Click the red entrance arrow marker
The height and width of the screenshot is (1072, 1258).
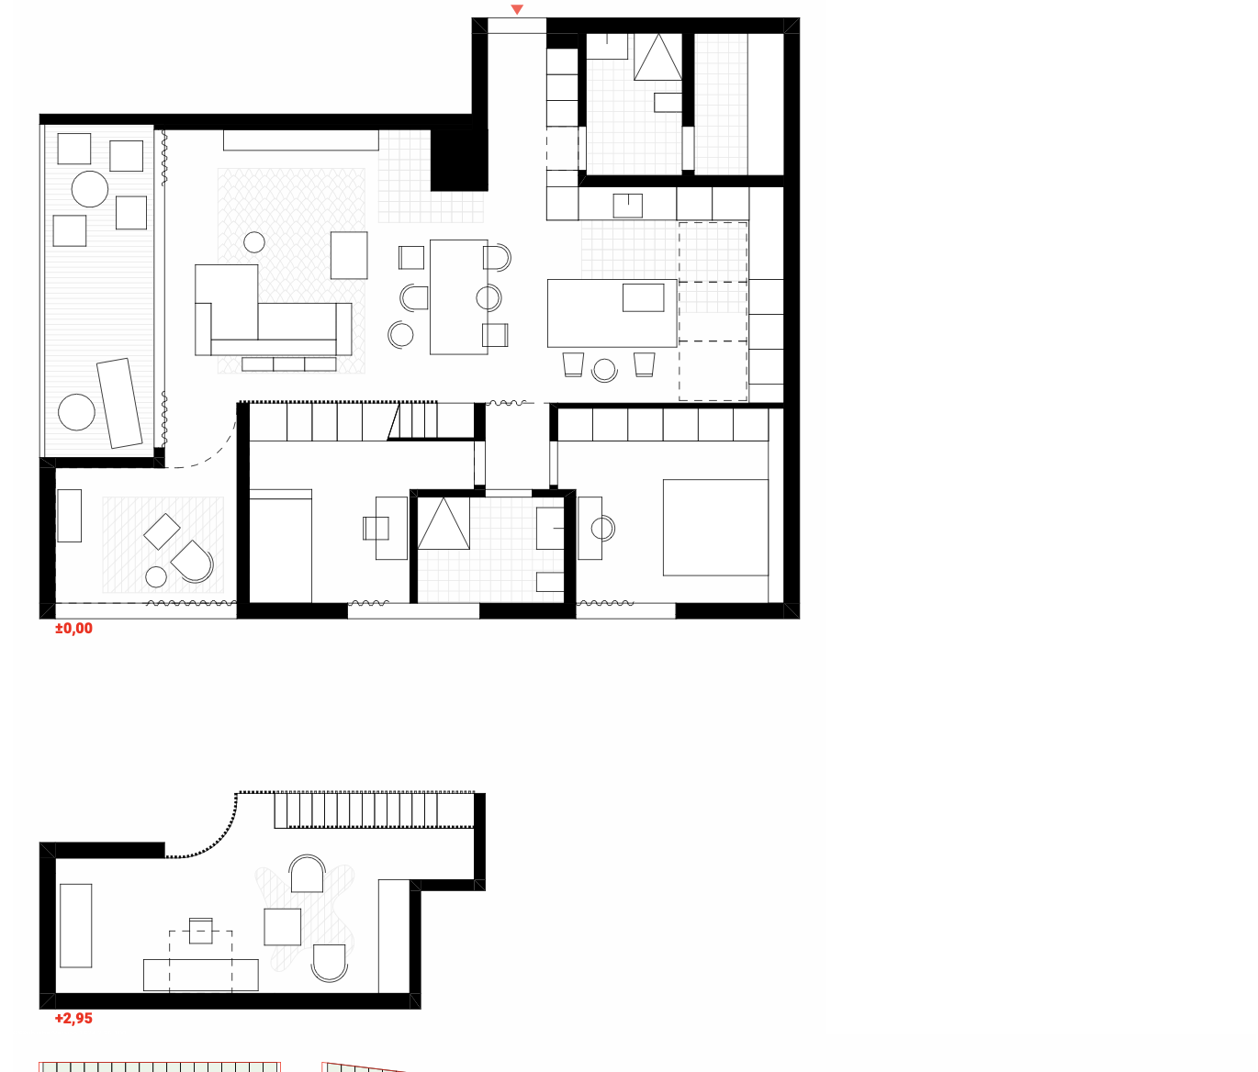[517, 9]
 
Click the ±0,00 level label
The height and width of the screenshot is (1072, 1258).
[73, 629]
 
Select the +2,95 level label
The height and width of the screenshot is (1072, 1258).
[73, 1019]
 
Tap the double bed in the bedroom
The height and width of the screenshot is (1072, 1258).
[715, 528]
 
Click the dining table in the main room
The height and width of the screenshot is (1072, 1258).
[459, 296]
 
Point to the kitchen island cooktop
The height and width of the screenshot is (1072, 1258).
[644, 297]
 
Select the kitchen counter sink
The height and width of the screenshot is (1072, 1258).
[627, 206]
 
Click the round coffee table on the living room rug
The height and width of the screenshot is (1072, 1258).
[253, 242]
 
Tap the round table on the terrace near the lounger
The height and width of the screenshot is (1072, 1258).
[77, 412]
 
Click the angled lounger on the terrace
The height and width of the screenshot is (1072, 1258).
[119, 403]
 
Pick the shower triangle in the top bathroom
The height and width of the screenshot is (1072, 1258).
[657, 57]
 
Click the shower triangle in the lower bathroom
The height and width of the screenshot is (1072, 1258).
[444, 524]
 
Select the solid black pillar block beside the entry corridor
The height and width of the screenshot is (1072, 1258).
[459, 160]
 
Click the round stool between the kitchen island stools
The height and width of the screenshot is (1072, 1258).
[604, 369]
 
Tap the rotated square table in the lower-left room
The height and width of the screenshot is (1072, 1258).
[162, 531]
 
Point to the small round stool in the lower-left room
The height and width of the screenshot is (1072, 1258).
[156, 576]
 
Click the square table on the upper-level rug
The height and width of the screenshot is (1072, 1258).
[283, 927]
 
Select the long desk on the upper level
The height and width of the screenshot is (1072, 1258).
[201, 975]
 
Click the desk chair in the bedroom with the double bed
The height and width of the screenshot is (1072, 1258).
[602, 528]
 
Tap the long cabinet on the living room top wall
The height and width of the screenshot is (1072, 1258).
[300, 140]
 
